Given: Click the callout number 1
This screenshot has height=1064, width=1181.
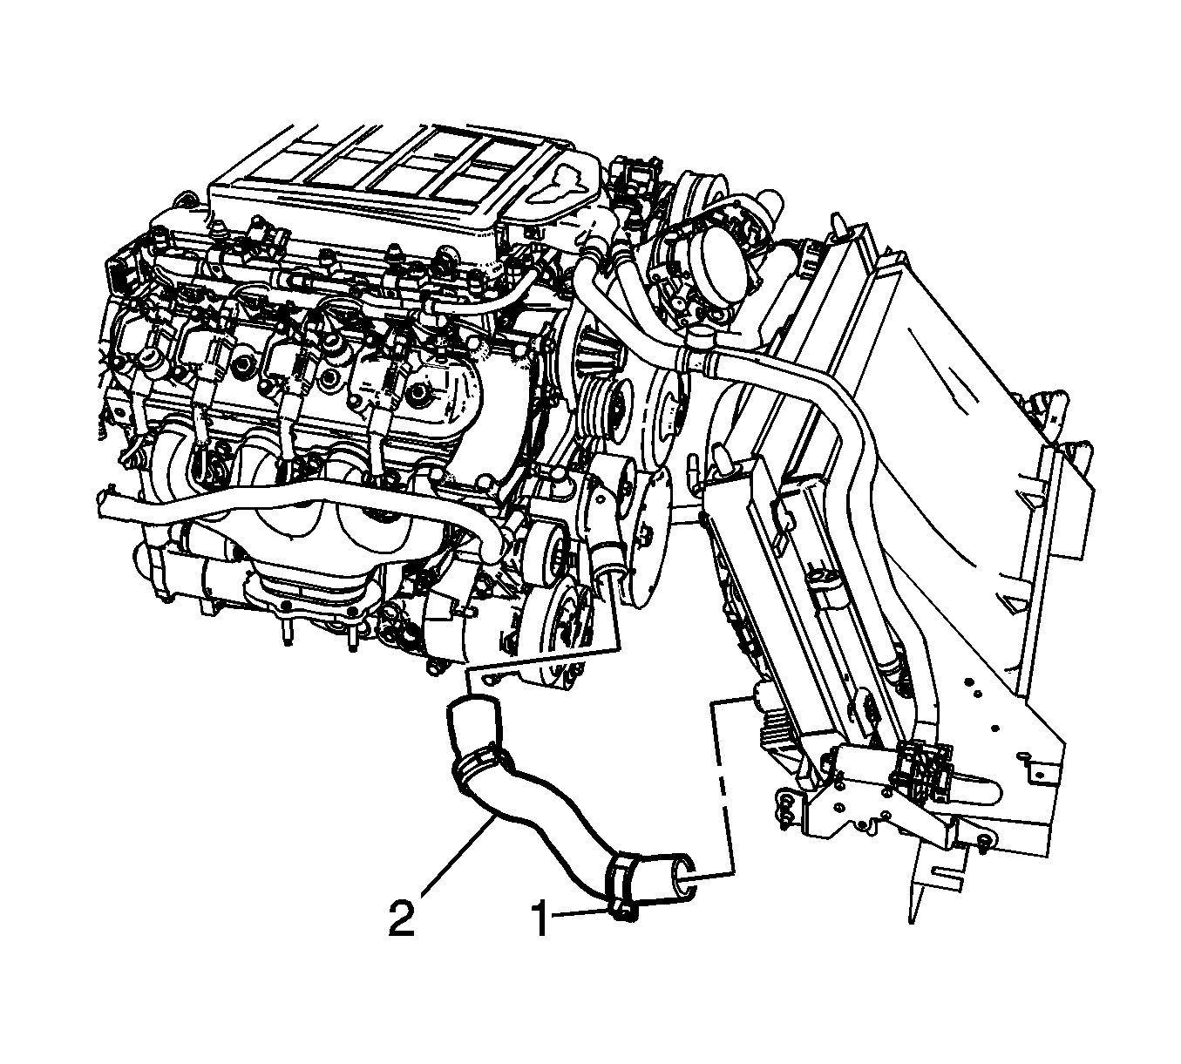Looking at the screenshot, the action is pos(540,919).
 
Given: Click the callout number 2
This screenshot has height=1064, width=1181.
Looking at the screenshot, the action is pos(402,919).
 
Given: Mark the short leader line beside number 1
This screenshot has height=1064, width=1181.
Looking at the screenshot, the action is pos(580,912).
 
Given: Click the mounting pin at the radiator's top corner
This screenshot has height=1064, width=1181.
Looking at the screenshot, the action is pos(836,225).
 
